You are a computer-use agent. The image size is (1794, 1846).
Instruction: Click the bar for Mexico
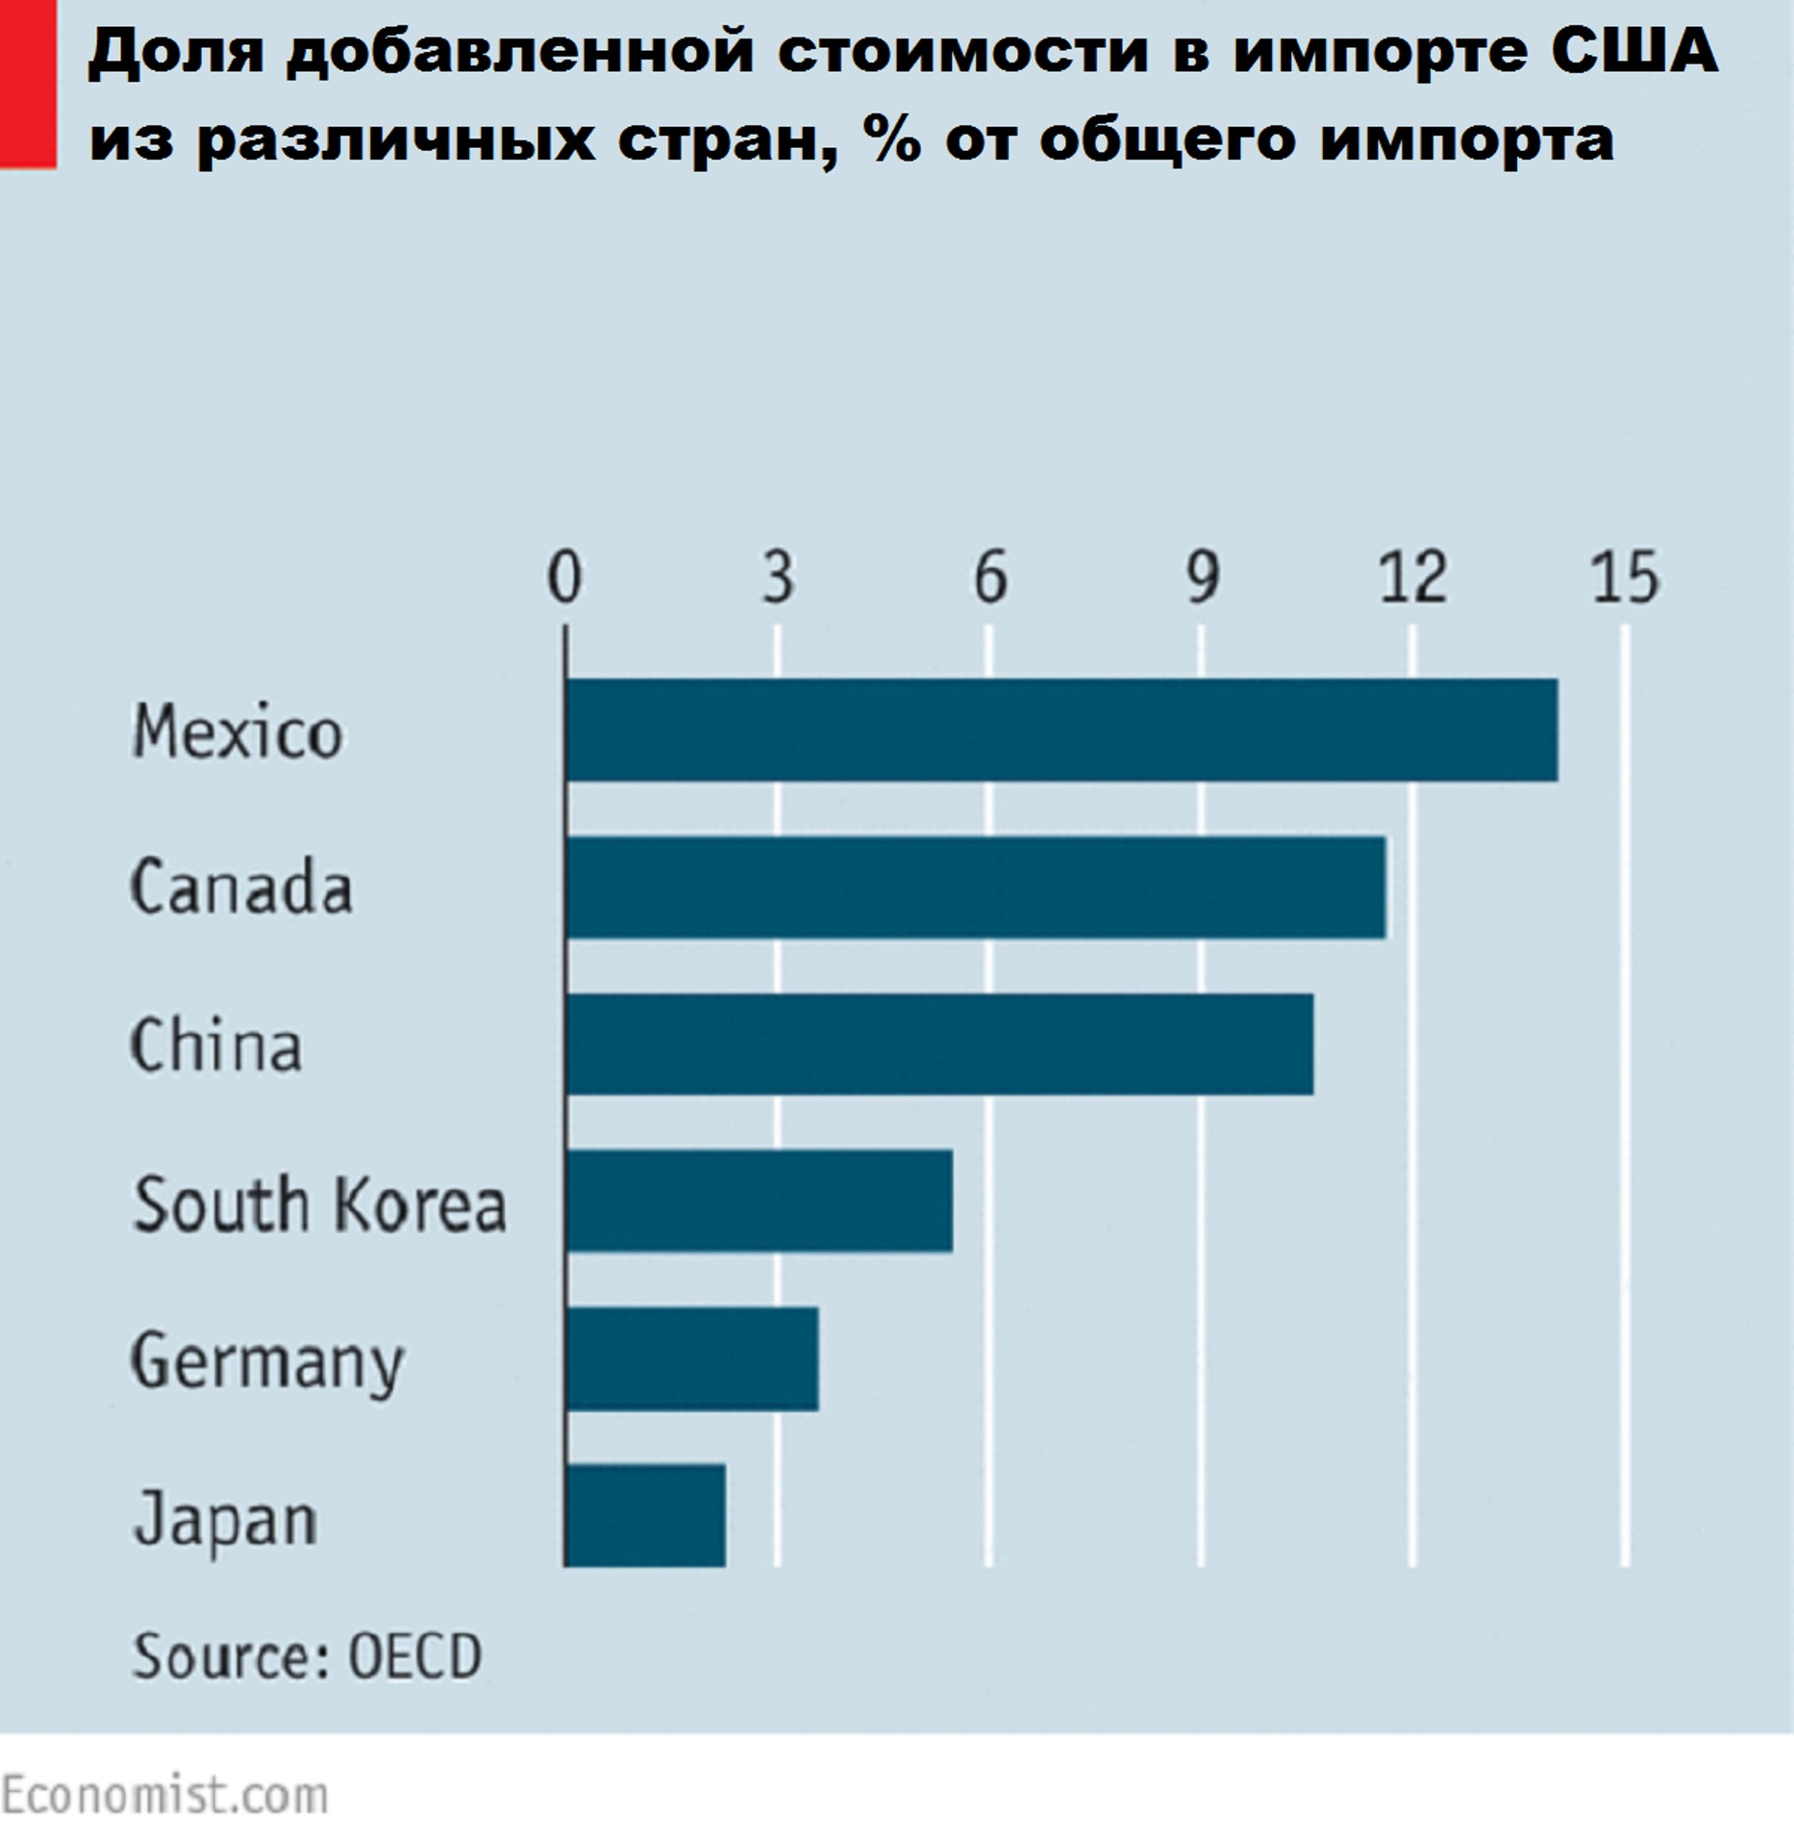(1061, 730)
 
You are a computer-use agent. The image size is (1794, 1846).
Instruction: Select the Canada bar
(976, 886)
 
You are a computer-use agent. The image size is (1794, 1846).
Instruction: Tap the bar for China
(939, 1044)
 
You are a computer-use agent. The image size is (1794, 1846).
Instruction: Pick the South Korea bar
(760, 1201)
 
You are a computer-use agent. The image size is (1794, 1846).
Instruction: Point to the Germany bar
(692, 1359)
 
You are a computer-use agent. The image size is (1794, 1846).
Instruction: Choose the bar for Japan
(645, 1515)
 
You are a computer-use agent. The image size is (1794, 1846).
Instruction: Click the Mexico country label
(237, 733)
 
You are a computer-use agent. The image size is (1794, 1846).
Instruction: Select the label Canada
(241, 887)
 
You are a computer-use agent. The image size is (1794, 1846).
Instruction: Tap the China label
(216, 1045)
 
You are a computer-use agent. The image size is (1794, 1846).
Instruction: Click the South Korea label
(319, 1204)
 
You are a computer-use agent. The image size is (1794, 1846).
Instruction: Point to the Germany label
(267, 1362)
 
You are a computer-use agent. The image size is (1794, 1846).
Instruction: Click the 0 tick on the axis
(564, 577)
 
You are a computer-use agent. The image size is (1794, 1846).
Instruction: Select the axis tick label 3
(778, 577)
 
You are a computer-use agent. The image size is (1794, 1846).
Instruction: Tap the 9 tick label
(1202, 577)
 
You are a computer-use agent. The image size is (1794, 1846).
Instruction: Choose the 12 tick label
(1412, 577)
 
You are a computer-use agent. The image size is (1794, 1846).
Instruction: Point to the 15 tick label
(1625, 577)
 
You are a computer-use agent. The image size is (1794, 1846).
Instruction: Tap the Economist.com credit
(164, 1795)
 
